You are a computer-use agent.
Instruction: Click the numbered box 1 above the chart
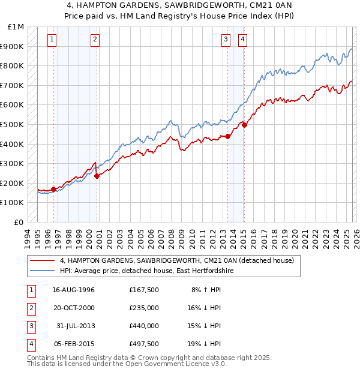click(x=52, y=40)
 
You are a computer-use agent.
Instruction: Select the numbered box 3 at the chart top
click(x=226, y=40)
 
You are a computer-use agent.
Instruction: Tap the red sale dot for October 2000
click(x=97, y=176)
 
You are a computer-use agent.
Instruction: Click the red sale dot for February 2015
click(x=244, y=125)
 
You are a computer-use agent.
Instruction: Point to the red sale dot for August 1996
click(x=54, y=189)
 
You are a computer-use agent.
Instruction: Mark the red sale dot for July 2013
click(x=228, y=136)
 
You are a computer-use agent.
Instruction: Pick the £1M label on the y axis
click(x=16, y=27)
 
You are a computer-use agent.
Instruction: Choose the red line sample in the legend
click(x=43, y=261)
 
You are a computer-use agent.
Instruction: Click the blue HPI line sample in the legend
click(x=43, y=271)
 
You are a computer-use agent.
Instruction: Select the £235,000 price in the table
click(x=144, y=307)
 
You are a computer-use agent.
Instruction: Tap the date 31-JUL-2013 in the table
click(x=76, y=326)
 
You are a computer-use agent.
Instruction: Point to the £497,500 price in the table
click(x=144, y=344)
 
